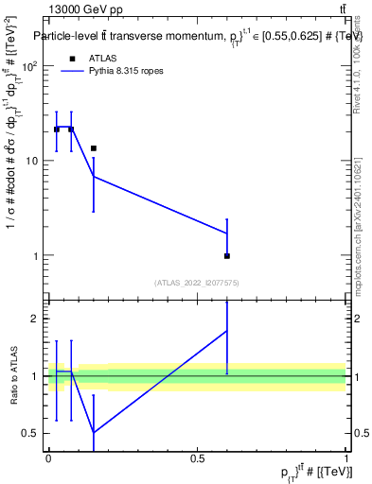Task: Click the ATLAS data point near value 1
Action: (227, 256)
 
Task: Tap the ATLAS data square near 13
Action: (94, 148)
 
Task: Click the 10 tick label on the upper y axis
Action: (32, 161)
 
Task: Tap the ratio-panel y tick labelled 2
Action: (35, 319)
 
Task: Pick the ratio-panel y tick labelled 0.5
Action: (31, 433)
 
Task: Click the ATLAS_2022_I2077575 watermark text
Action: (196, 282)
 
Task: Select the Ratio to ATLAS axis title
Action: (14, 375)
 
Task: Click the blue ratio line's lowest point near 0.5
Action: (94, 433)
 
